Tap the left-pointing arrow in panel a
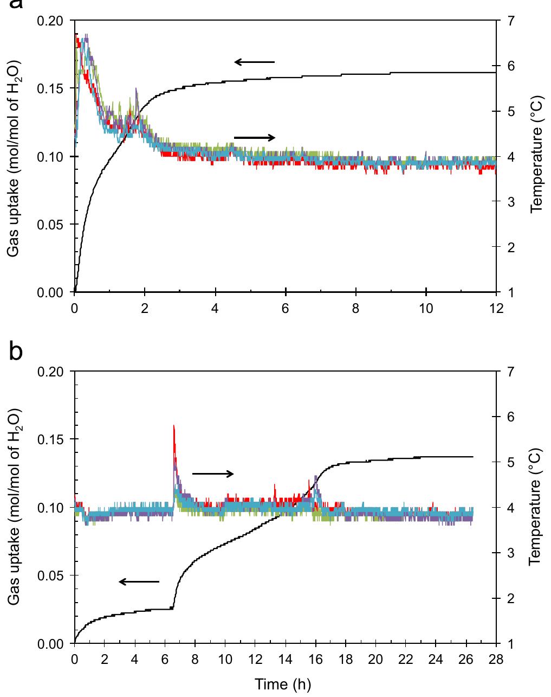pos(254,62)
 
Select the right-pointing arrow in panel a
pos(255,138)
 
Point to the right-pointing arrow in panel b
pos(213,474)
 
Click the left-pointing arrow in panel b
pos(139,582)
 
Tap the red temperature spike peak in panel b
pos(173,426)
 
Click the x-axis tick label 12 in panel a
pos(496,308)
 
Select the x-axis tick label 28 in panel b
pos(496,660)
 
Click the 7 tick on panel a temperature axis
pos(511,21)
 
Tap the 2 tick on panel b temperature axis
pos(511,598)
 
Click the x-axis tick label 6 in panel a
pos(286,308)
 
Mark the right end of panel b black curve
pos(473,457)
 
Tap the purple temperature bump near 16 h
pos(316,477)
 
